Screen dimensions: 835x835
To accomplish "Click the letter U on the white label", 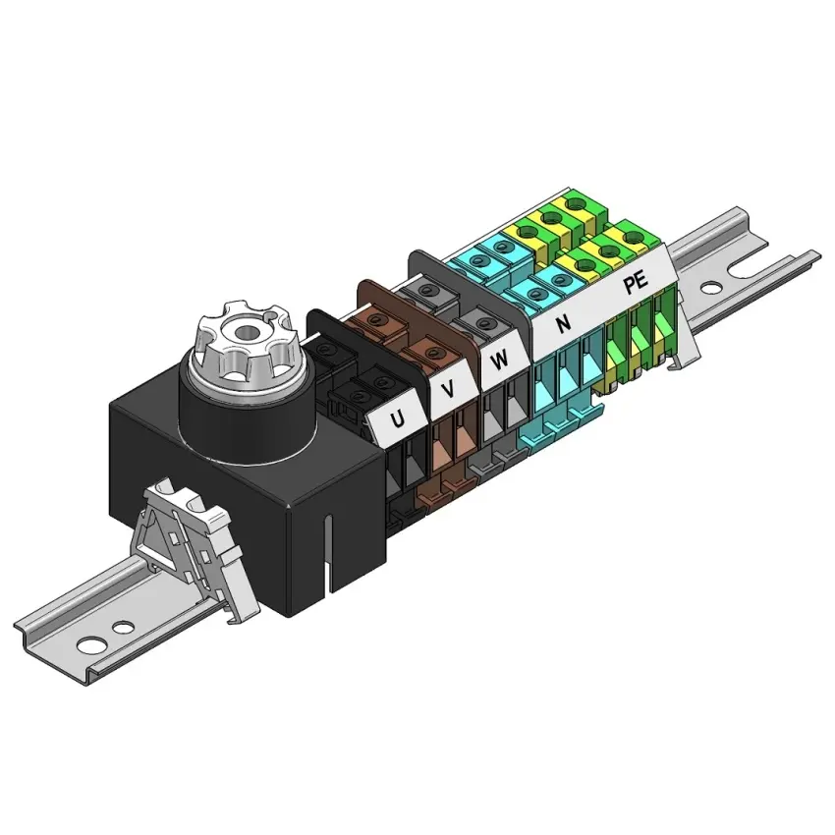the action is [x=397, y=420].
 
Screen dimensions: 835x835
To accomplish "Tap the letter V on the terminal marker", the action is [x=449, y=390].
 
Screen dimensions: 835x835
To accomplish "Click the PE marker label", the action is [x=636, y=282].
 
